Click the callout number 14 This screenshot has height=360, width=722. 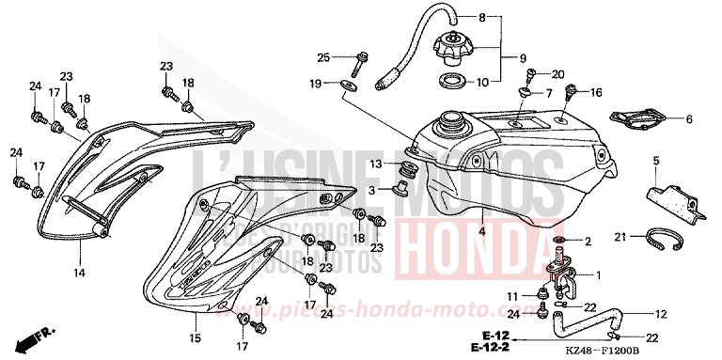click(80, 274)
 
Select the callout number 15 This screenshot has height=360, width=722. click(195, 337)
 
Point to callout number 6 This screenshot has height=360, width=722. click(688, 119)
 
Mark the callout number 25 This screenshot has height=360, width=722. click(323, 57)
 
